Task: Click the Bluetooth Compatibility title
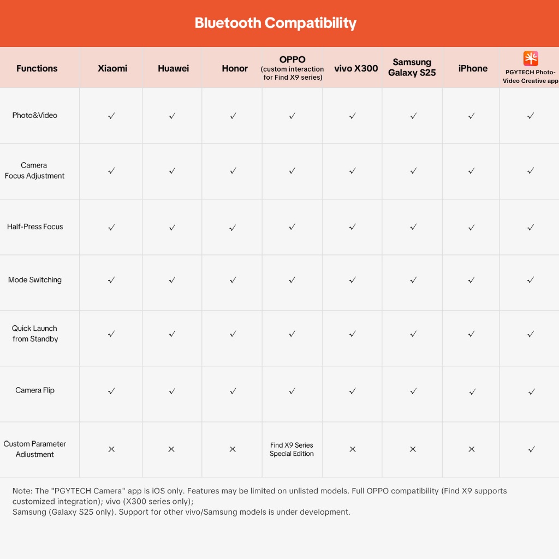275,23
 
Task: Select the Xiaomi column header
112,68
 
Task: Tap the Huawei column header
173,68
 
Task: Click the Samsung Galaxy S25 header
412,68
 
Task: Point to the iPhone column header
473,68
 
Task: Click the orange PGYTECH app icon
531,58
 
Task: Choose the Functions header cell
37,68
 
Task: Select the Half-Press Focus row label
35,227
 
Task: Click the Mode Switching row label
35,280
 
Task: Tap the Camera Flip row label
35,390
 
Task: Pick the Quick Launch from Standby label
35,334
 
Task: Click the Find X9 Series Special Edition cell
292,449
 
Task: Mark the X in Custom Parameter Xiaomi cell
111,449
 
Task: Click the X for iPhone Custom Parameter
472,449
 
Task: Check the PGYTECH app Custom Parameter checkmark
531,449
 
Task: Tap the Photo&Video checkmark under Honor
233,116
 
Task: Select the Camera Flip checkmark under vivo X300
353,391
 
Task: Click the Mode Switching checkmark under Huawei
172,280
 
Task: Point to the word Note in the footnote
22,491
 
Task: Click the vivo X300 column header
356,68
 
